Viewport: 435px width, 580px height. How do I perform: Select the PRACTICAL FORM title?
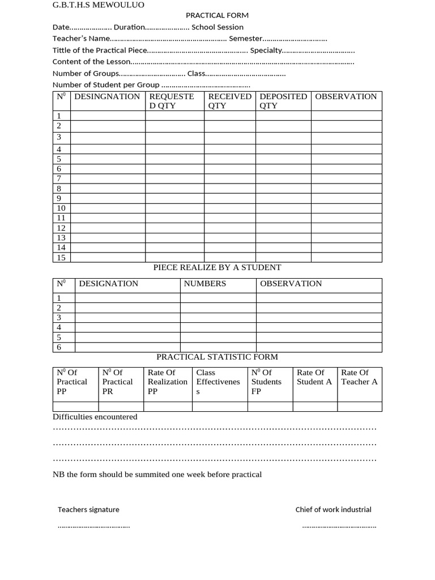(x=217, y=16)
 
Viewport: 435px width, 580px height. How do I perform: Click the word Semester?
(x=245, y=39)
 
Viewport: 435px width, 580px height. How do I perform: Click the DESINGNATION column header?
(x=107, y=97)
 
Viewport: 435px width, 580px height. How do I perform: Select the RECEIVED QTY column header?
(x=229, y=101)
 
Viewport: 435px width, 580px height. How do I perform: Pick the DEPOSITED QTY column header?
(x=283, y=101)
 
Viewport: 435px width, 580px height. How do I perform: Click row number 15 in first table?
(x=61, y=258)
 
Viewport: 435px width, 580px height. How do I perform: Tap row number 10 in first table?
(x=61, y=208)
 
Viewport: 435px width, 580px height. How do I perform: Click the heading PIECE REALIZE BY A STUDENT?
(x=217, y=267)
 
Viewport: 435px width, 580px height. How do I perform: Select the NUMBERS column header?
(x=204, y=284)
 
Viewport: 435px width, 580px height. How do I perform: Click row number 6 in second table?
(x=59, y=347)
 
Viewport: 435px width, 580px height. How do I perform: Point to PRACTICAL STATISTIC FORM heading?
(x=217, y=357)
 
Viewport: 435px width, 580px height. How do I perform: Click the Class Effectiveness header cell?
(x=217, y=382)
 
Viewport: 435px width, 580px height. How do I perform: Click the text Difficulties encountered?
(x=95, y=417)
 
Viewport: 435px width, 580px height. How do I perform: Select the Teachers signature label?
(x=88, y=510)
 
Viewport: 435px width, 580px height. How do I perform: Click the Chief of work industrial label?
(x=333, y=510)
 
